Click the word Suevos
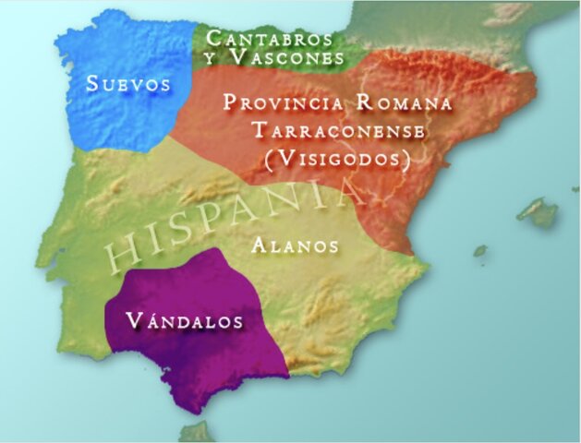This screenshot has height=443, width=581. point(129,84)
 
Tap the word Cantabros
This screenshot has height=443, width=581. point(269,39)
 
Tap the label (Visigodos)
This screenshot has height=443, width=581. point(336,159)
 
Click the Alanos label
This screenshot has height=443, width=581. point(295,246)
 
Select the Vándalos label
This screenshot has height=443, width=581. point(185,321)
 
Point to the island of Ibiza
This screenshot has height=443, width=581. point(480,250)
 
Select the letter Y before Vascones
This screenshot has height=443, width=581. point(212,57)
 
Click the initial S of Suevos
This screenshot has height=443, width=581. point(92,84)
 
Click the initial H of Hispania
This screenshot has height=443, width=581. point(117,253)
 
